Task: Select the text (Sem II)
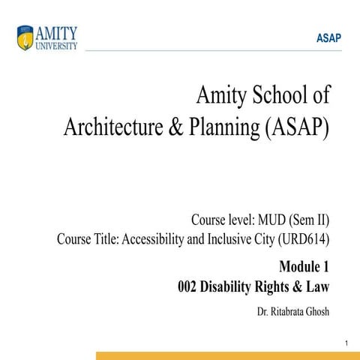coord(311,220)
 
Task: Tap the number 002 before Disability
coord(187,286)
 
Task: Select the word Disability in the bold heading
coord(226,286)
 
